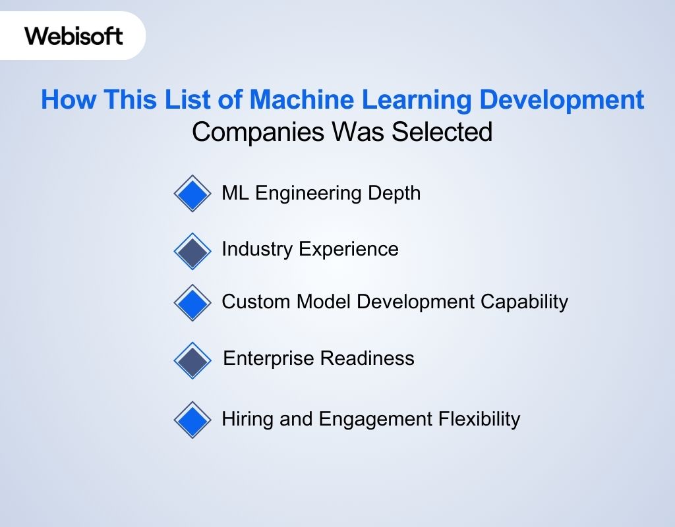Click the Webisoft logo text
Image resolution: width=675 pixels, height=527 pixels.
(x=74, y=36)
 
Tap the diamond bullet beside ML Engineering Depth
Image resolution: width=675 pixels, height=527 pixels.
(x=192, y=194)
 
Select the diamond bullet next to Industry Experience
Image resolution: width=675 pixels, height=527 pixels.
(x=192, y=251)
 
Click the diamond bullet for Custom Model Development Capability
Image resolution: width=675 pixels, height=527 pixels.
(x=192, y=302)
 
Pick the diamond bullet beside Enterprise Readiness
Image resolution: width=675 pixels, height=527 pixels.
(x=192, y=360)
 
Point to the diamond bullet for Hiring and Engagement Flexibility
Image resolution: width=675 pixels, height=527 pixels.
(x=192, y=420)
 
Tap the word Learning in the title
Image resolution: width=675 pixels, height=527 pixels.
(x=423, y=100)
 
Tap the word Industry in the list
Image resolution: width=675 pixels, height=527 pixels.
(x=257, y=249)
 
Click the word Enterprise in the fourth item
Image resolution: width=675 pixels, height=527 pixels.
(x=269, y=359)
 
